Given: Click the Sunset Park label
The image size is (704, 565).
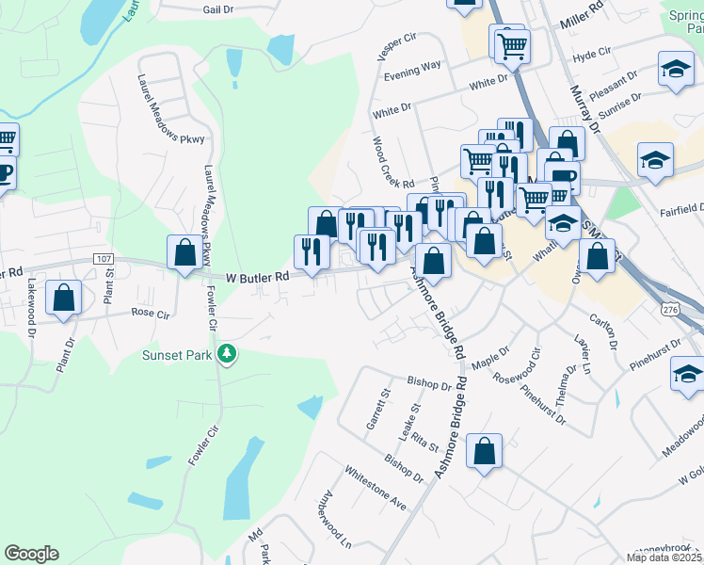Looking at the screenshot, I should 176,355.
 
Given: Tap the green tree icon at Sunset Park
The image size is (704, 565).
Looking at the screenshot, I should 226,354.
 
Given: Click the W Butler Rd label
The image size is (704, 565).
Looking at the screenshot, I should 258,278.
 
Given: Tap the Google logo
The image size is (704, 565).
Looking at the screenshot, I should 31,554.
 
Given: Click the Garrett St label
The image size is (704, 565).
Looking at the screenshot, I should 383,408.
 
